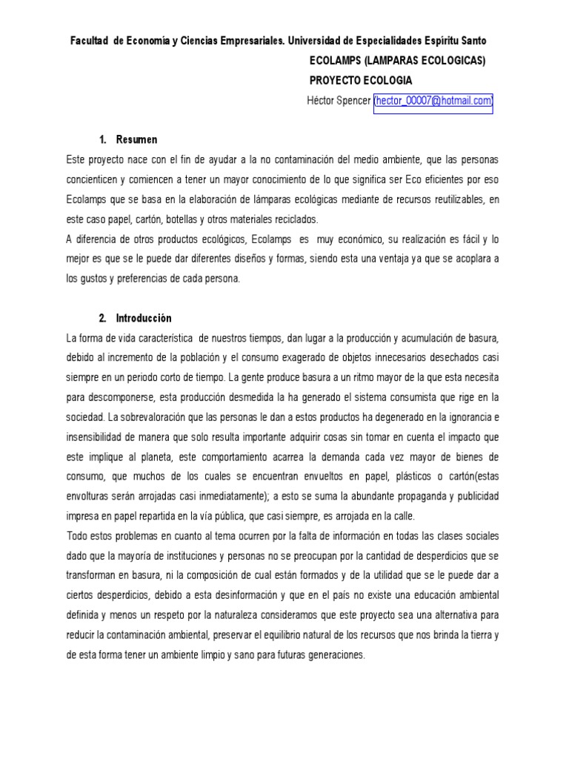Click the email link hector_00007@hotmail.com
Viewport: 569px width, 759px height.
point(433,101)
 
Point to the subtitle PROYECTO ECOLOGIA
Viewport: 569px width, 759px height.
point(360,81)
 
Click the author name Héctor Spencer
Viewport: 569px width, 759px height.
point(339,101)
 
